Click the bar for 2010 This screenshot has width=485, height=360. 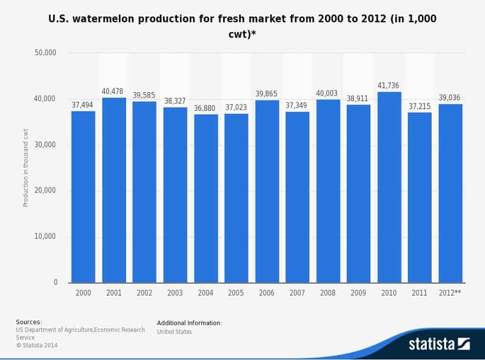pos(389,187)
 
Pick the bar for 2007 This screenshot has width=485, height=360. pos(298,197)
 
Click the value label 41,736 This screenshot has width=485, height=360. pos(389,85)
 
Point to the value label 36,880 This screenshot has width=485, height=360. pos(206,108)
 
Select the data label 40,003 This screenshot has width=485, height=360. pos(328,93)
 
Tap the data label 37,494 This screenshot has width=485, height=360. pos(83,105)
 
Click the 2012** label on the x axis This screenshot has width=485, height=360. pos(450,293)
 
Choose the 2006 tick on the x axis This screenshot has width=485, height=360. pos(267,293)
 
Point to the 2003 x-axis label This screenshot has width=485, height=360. pos(175,293)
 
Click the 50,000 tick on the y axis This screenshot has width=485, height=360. pos(46,53)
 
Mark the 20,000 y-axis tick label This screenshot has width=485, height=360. pos(46,190)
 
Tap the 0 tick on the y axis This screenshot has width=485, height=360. pos(55,282)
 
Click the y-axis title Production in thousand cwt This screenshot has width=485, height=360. pos(26,167)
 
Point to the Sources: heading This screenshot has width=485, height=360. pos(29,322)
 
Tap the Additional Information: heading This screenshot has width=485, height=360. pos(189,323)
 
